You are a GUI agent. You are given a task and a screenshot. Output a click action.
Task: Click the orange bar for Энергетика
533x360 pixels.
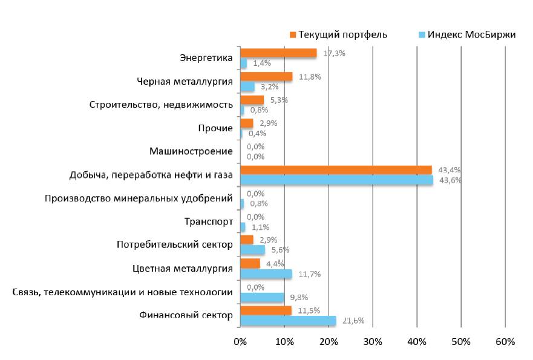278,53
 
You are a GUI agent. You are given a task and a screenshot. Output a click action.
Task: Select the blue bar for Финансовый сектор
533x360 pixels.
288,321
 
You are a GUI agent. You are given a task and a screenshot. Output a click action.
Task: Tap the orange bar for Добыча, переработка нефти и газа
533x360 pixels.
336,170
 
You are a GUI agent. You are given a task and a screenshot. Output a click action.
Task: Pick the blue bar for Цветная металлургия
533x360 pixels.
266,274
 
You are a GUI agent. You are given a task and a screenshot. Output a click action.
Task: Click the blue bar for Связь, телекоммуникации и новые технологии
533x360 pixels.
262,298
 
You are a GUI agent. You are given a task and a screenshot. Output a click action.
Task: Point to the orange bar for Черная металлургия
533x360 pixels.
266,77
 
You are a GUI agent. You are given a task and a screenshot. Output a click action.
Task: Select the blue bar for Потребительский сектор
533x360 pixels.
252,250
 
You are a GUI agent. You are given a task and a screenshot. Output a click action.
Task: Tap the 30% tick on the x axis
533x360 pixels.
373,342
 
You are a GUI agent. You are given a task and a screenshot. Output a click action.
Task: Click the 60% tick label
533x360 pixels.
505,342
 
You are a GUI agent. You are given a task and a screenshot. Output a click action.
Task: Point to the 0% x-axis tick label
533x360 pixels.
240,342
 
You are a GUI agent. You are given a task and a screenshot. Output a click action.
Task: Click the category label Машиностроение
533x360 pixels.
191,151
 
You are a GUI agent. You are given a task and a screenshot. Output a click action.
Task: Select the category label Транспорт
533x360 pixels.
208,221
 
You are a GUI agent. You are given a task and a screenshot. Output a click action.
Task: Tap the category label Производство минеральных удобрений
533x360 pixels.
139,198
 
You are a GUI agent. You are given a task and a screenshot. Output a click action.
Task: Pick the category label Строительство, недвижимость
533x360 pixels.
161,105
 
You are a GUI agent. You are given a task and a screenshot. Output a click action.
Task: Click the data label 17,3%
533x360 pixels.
334,53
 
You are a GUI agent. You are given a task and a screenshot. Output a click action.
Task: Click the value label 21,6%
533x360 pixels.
353,321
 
